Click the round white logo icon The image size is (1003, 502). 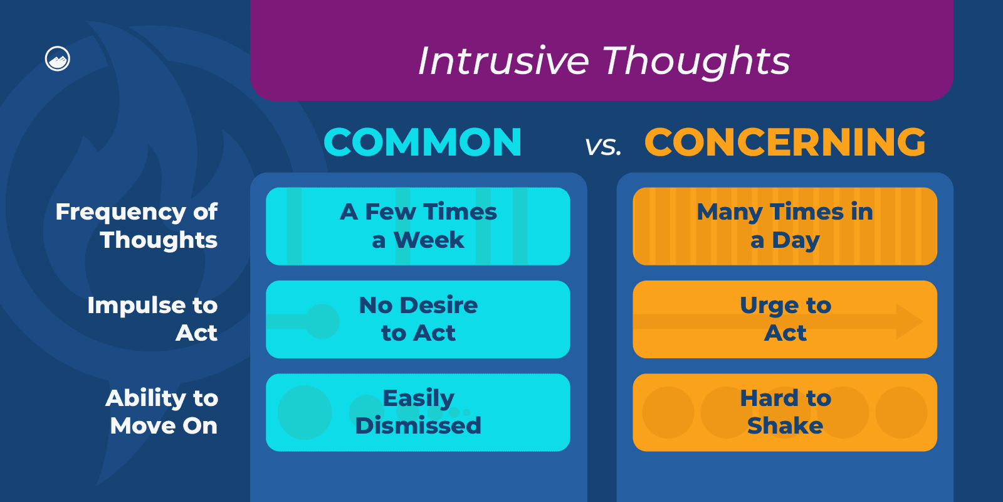click(58, 59)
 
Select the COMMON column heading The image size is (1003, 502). click(423, 142)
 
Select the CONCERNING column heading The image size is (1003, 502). click(785, 142)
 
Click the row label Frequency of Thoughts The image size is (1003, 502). click(137, 226)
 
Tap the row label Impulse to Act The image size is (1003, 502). click(152, 319)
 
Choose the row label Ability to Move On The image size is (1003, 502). click(162, 412)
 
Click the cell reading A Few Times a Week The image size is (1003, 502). click(418, 226)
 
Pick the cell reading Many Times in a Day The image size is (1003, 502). click(785, 226)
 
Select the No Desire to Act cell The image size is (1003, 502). click(418, 319)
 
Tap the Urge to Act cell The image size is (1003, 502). click(785, 319)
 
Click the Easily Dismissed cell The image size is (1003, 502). click(418, 412)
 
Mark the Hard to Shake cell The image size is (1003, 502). click(785, 412)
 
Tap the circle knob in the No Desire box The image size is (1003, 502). click(322, 321)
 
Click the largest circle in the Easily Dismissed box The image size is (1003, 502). click(305, 412)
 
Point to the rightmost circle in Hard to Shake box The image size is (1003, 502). click(901, 412)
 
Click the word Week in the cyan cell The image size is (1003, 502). click(429, 240)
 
